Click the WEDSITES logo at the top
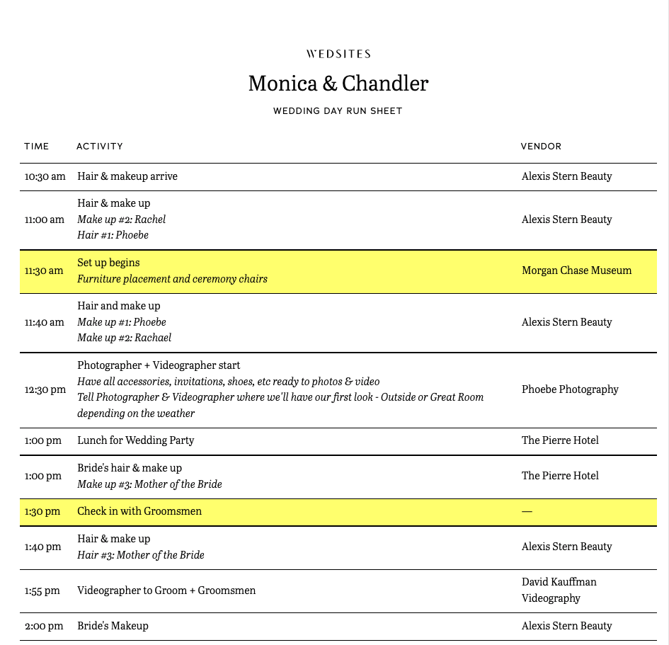338,54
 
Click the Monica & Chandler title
338,84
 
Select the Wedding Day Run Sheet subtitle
338,111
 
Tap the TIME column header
37,147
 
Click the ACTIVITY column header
100,147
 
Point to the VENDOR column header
541,147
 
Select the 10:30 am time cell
45,176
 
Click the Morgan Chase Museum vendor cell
576,270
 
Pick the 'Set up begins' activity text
108,263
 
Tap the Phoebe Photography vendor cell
570,389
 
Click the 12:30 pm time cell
45,389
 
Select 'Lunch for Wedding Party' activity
135,440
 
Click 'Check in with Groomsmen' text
139,511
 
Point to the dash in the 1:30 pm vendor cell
527,511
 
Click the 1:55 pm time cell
42,590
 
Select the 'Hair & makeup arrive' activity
127,176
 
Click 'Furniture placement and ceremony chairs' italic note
172,279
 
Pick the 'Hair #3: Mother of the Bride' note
140,555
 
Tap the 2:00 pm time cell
44,626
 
